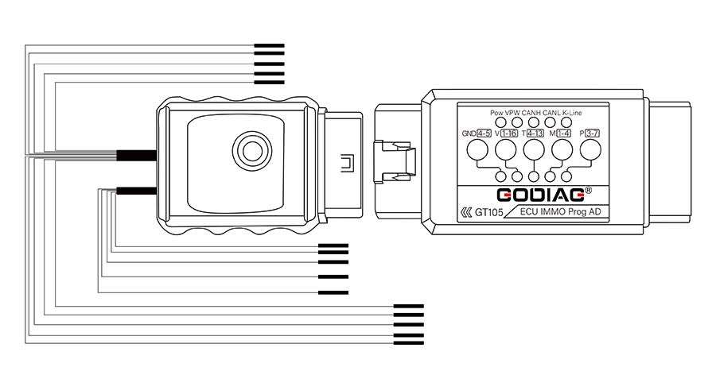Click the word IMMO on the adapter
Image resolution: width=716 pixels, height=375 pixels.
click(554, 212)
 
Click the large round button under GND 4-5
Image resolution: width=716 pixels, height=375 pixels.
click(478, 149)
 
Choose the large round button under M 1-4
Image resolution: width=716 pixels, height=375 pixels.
click(562, 149)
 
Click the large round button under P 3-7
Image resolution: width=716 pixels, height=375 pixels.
click(590, 149)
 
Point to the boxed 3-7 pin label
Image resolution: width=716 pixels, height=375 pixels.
click(592, 133)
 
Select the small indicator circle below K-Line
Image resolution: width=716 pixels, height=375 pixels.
click(566, 122)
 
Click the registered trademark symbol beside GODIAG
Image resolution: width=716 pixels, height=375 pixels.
click(589, 191)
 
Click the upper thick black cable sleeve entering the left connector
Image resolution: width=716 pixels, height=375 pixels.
click(135, 155)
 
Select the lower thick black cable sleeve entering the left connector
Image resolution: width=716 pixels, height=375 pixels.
click(135, 190)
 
